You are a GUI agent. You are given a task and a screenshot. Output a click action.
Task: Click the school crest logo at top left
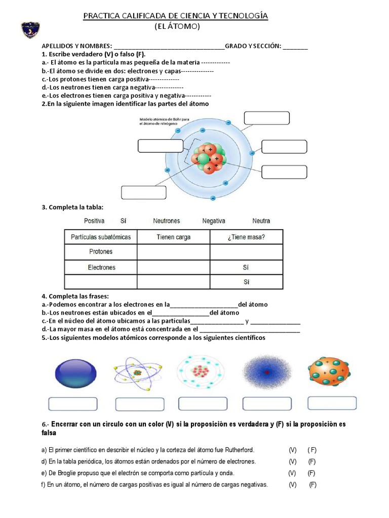(x=32, y=30)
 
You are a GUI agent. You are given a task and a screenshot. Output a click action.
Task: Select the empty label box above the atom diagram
(x=266, y=118)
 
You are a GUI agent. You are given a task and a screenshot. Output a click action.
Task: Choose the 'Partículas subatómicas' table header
(x=101, y=237)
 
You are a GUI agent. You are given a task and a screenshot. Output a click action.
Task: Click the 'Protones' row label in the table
(x=101, y=251)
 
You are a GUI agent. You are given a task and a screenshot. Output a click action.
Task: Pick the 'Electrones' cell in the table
(x=101, y=267)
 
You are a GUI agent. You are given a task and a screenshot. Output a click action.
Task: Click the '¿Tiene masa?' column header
(x=246, y=237)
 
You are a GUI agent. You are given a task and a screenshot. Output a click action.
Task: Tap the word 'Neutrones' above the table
(x=166, y=221)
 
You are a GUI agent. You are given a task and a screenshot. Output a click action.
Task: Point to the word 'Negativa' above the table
(x=214, y=221)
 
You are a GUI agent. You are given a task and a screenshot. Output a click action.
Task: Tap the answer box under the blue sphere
(x=72, y=404)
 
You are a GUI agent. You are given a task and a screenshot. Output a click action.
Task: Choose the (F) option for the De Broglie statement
(x=312, y=473)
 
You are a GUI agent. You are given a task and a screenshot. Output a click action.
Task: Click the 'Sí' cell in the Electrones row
(x=246, y=267)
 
